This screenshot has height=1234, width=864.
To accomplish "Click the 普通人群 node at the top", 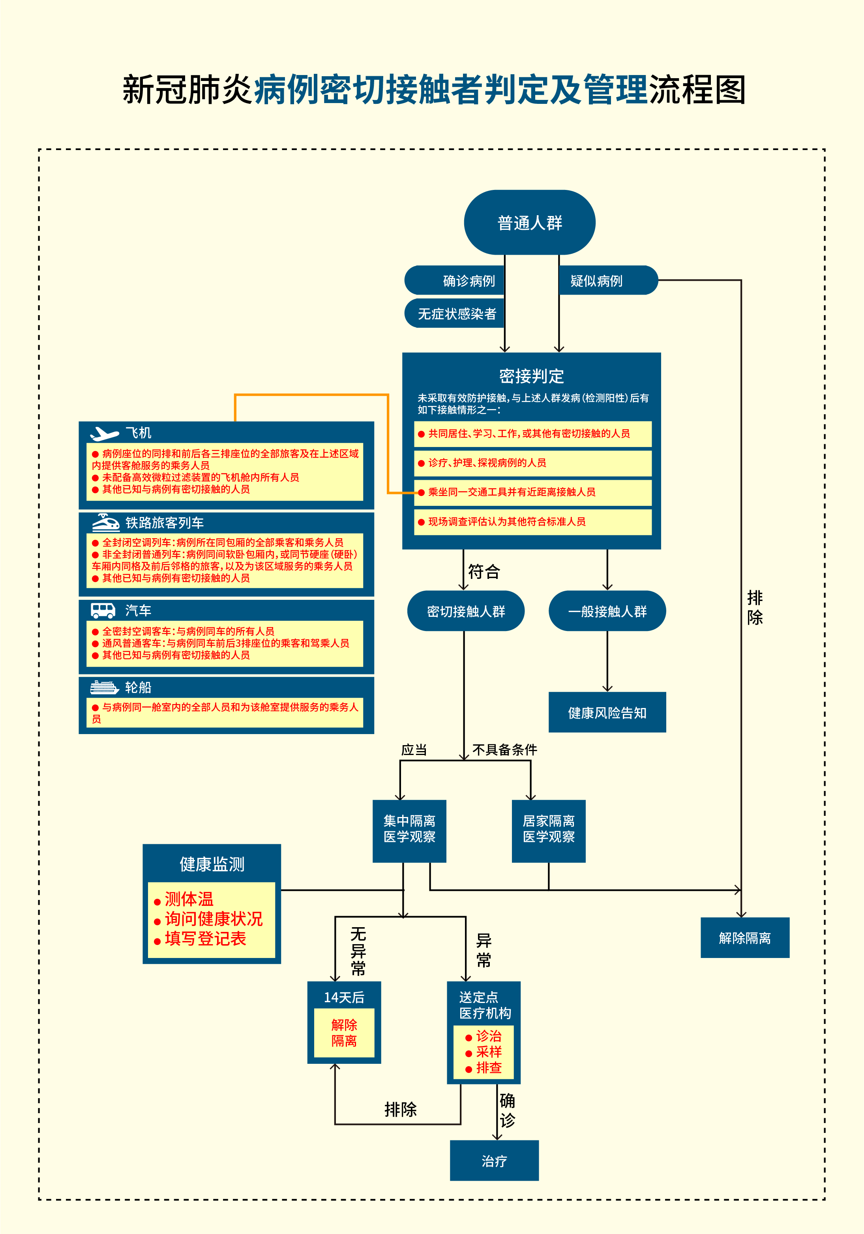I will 529,222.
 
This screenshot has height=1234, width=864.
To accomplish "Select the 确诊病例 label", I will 468,280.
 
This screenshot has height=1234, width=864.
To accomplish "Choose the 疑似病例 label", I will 596,280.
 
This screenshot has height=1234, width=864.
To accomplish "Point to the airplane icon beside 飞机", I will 104,433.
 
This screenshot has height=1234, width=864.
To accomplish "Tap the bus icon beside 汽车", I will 103,610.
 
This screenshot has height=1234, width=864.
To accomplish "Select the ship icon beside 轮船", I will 104,687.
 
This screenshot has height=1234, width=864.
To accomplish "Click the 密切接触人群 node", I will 465,611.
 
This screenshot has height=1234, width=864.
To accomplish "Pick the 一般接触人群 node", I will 607,611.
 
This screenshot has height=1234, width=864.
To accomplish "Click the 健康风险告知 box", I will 607,713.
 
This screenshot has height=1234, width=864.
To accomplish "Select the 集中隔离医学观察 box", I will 409,831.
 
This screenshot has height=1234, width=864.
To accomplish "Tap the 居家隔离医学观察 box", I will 549,831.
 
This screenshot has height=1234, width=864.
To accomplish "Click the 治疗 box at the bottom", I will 494,1161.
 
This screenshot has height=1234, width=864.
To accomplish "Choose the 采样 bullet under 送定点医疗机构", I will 488,1052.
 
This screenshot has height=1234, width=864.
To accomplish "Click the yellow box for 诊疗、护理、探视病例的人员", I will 532,463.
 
